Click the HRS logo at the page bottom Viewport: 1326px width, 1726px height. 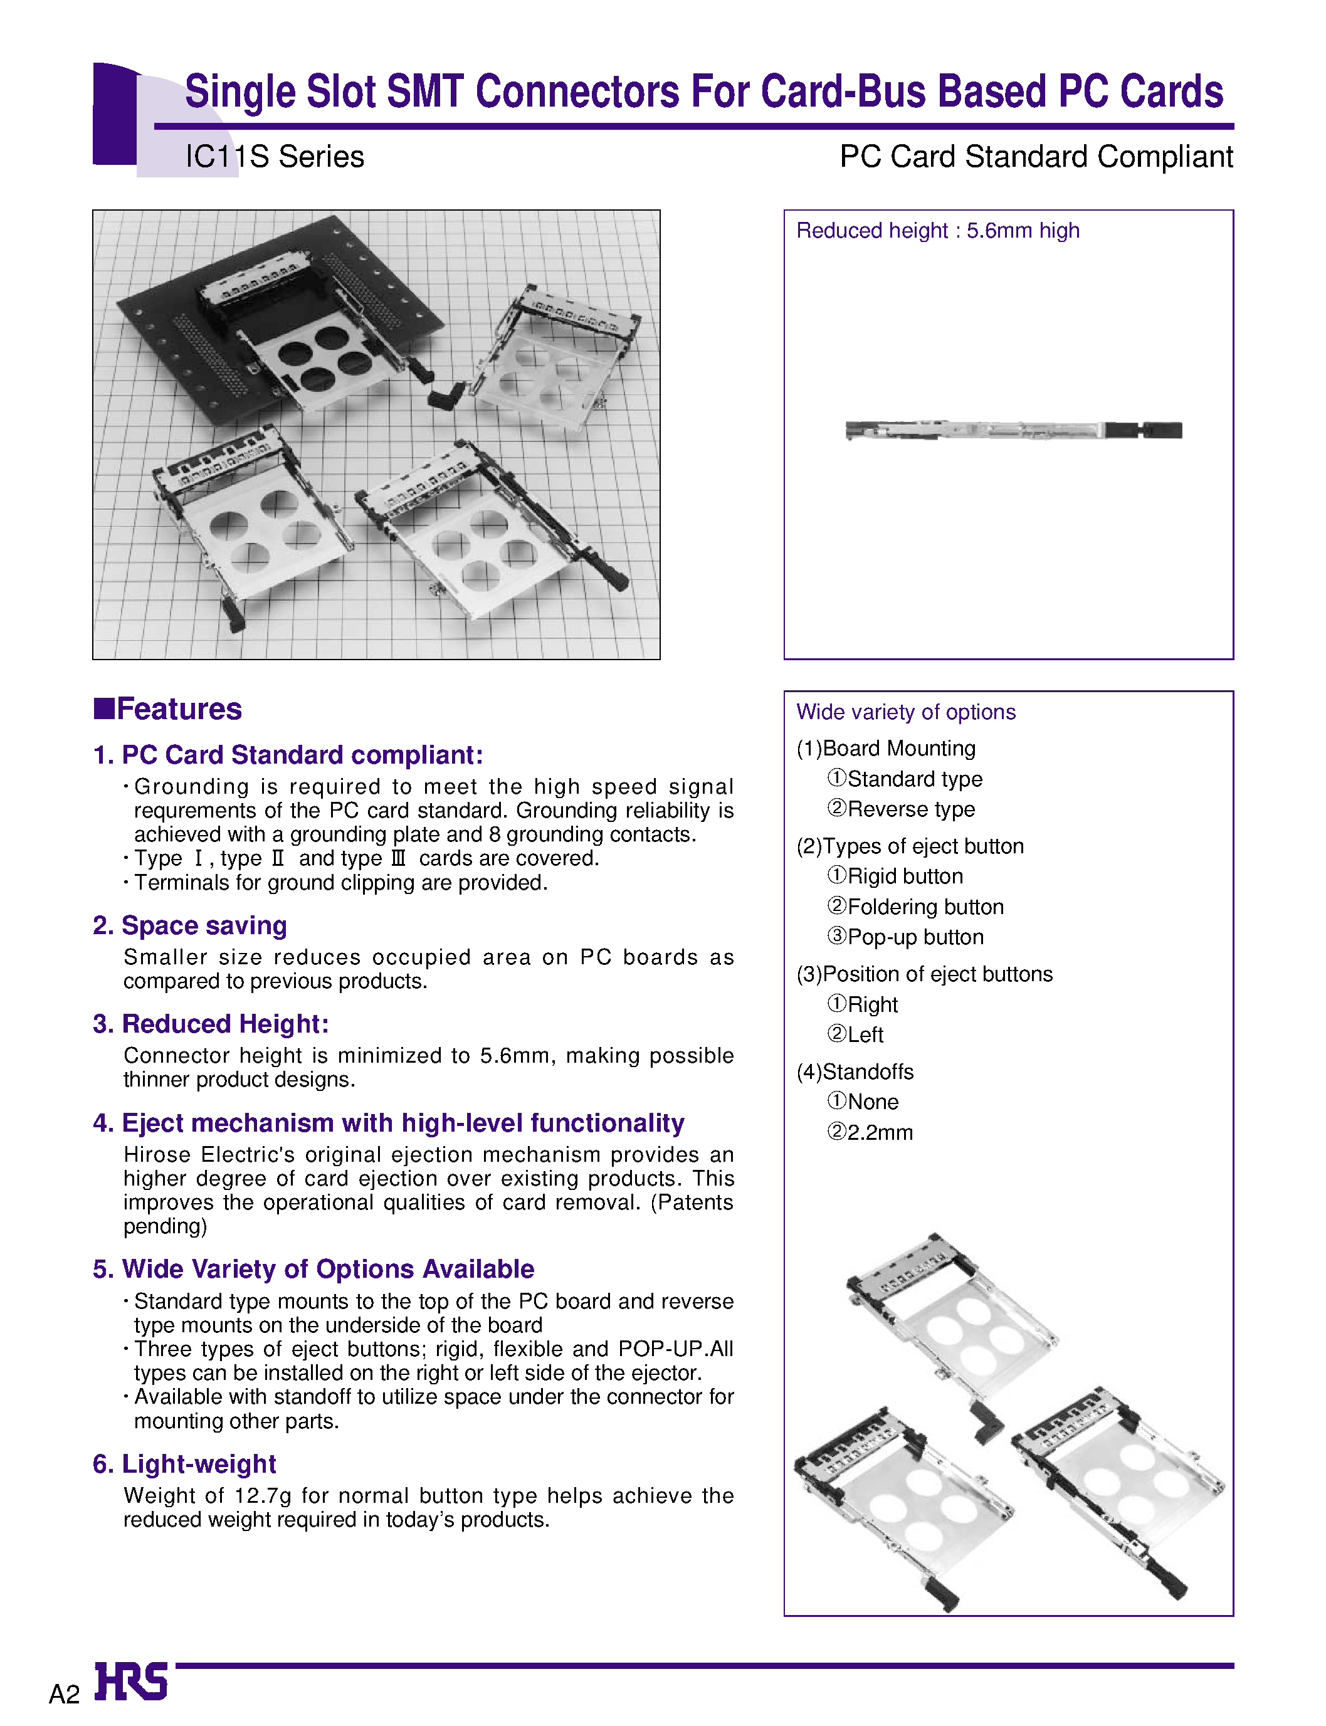(x=130, y=1680)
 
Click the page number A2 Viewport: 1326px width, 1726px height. (x=64, y=1693)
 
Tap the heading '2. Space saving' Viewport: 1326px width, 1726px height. (x=189, y=925)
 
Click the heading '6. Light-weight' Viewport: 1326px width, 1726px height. (x=184, y=1463)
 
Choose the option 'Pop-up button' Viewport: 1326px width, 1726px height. (x=915, y=937)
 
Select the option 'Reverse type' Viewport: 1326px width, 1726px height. (x=910, y=809)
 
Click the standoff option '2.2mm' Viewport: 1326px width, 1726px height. (x=879, y=1132)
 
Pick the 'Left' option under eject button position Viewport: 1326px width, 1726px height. (x=865, y=1034)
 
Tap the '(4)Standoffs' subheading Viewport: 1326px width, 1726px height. (x=855, y=1071)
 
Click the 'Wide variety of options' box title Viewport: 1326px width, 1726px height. (x=905, y=712)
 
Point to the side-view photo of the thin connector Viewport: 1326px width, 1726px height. (x=1013, y=430)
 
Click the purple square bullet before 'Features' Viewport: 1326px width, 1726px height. (x=103, y=708)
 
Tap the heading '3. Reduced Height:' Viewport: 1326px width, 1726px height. (x=210, y=1024)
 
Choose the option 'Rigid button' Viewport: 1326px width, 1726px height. (x=905, y=876)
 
